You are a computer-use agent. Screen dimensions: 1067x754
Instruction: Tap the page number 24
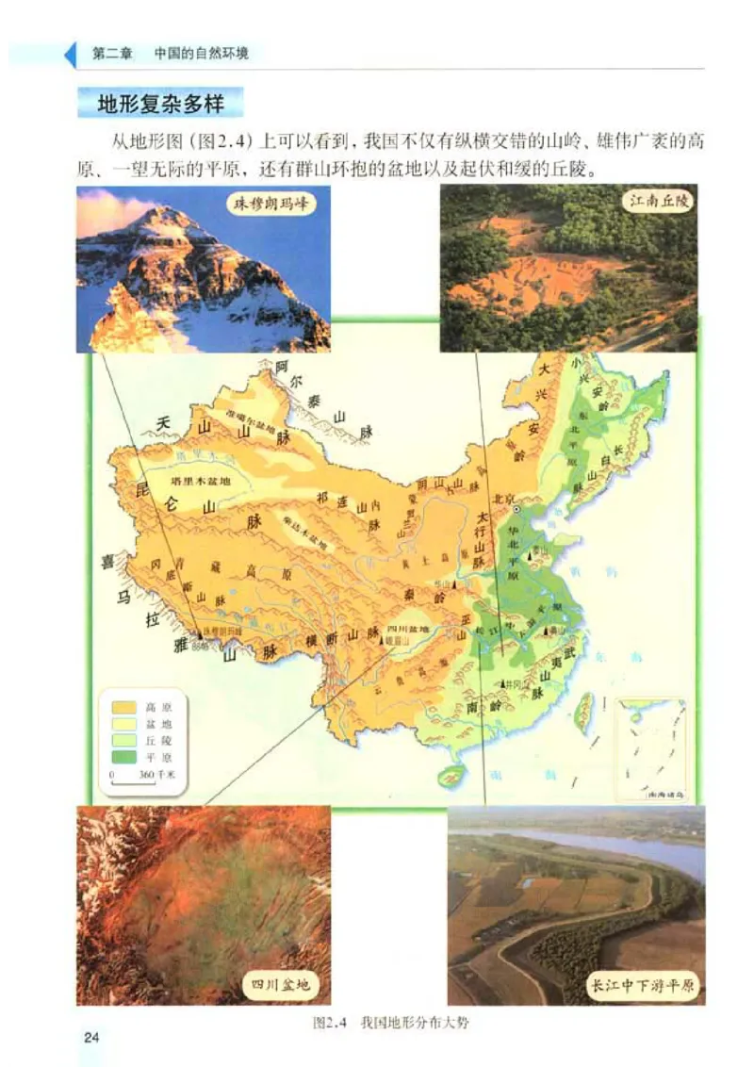(x=91, y=1038)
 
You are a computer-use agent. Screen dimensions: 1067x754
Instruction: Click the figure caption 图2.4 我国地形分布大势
(x=389, y=1022)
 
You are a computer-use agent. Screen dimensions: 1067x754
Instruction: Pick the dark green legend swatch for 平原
(x=123, y=757)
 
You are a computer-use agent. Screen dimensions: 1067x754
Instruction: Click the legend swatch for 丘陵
(x=123, y=740)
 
